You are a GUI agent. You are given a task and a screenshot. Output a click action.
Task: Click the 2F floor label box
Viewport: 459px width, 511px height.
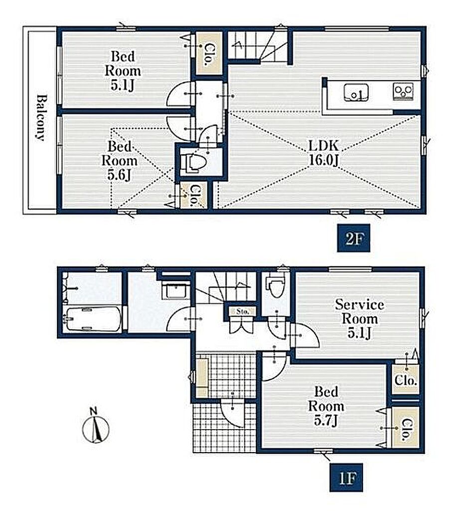pos(353,239)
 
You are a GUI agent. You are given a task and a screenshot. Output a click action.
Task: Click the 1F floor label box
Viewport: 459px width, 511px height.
pos(346,478)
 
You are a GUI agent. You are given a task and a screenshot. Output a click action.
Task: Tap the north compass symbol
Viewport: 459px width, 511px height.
pos(96,427)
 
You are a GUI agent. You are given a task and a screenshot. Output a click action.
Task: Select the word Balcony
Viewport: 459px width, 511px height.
pos(40,117)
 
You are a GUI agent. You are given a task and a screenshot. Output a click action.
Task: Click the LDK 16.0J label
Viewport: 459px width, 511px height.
pos(324,153)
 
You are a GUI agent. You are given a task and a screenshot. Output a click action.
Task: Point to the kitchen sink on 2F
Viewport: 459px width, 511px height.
pos(356,92)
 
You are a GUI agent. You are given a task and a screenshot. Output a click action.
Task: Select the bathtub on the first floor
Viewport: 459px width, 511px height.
pos(93,319)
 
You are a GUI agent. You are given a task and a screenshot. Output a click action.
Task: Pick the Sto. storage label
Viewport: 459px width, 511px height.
pos(243,311)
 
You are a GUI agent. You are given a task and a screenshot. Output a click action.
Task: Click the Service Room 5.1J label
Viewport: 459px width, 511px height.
pos(359,318)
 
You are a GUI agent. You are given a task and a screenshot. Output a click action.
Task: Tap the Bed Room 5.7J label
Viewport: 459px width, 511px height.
pos(326,406)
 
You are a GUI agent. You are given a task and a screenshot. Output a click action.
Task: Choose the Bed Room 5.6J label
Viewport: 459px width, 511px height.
pos(120,161)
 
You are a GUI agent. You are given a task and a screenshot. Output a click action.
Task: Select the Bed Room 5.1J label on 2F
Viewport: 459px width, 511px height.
pos(123,71)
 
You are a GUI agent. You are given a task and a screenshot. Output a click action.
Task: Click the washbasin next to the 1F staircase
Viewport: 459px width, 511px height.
pos(176,291)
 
